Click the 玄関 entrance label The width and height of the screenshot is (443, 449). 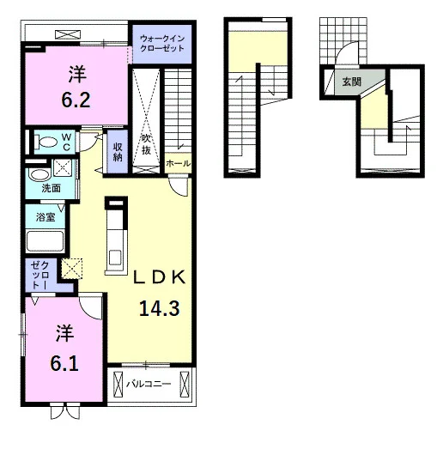352,82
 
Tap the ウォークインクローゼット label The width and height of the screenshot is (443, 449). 162,43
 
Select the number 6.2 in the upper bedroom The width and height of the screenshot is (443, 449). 76,100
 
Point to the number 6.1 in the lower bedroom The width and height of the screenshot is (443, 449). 64,363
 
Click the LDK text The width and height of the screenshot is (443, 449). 160,277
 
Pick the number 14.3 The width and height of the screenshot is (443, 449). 160,308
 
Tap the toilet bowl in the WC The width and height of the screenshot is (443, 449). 46,142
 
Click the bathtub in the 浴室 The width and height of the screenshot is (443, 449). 45,241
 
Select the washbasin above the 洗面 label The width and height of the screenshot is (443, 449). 39,174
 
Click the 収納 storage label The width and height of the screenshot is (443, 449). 118,152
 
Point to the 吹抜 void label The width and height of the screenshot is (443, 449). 146,144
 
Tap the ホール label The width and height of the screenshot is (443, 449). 178,163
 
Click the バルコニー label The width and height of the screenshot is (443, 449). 149,384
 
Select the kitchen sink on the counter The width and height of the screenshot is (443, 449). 116,258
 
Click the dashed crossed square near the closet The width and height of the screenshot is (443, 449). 72,269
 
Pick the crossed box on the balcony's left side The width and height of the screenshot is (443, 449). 118,385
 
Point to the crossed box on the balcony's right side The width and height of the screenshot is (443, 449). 185,385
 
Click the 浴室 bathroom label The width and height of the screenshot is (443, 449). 46,216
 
